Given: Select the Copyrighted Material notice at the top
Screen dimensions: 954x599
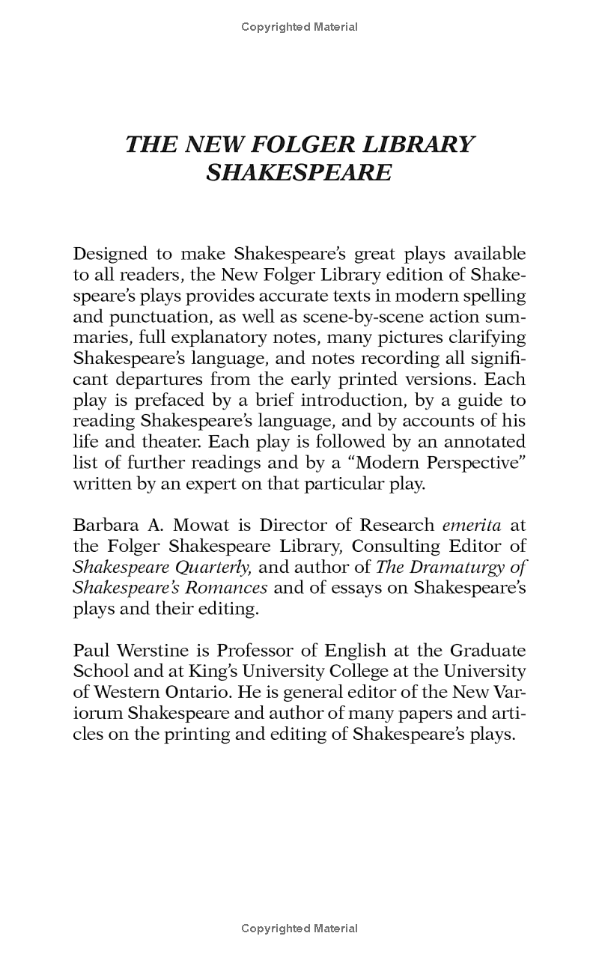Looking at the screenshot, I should pos(299,27).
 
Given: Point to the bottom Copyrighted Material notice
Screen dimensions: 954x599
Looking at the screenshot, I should pos(299,929).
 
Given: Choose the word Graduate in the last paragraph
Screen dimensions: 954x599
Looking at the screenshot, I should pos(485,650).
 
